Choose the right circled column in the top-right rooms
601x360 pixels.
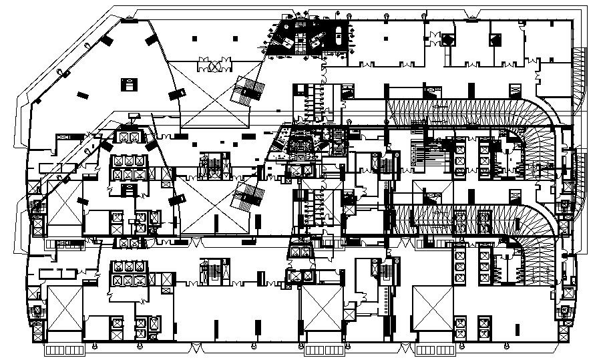pyautogui.click(x=494, y=40)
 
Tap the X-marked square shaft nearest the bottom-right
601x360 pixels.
pyautogui.click(x=433, y=308)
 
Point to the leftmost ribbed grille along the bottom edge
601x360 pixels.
pyautogui.click(x=63, y=349)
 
